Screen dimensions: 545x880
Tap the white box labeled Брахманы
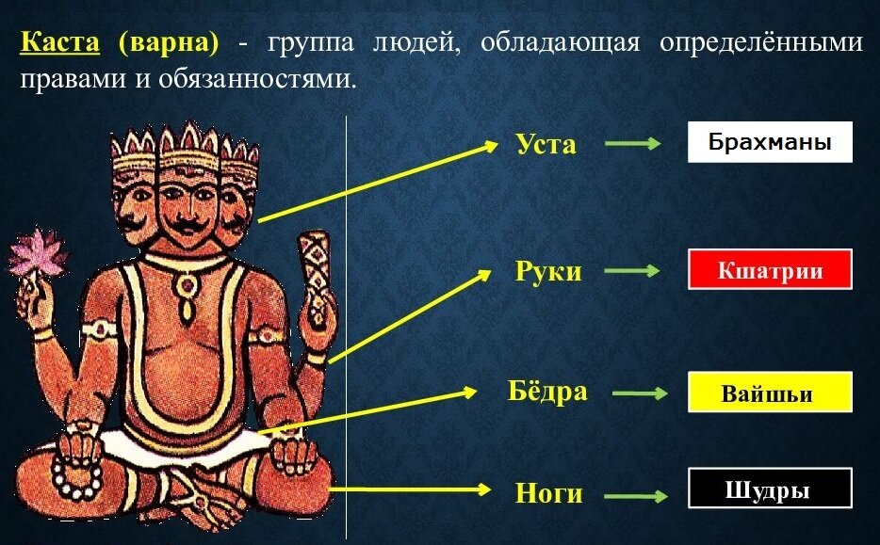(x=770, y=142)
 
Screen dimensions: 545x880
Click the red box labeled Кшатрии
(x=770, y=270)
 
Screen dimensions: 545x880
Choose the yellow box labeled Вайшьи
(x=770, y=393)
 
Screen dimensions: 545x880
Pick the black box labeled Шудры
(x=770, y=489)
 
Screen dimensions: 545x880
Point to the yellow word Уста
(x=546, y=145)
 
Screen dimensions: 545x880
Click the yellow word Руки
(x=548, y=272)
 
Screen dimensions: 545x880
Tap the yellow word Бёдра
(x=547, y=392)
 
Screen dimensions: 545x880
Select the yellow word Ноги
(x=548, y=492)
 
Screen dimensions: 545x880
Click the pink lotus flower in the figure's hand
(x=39, y=255)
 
